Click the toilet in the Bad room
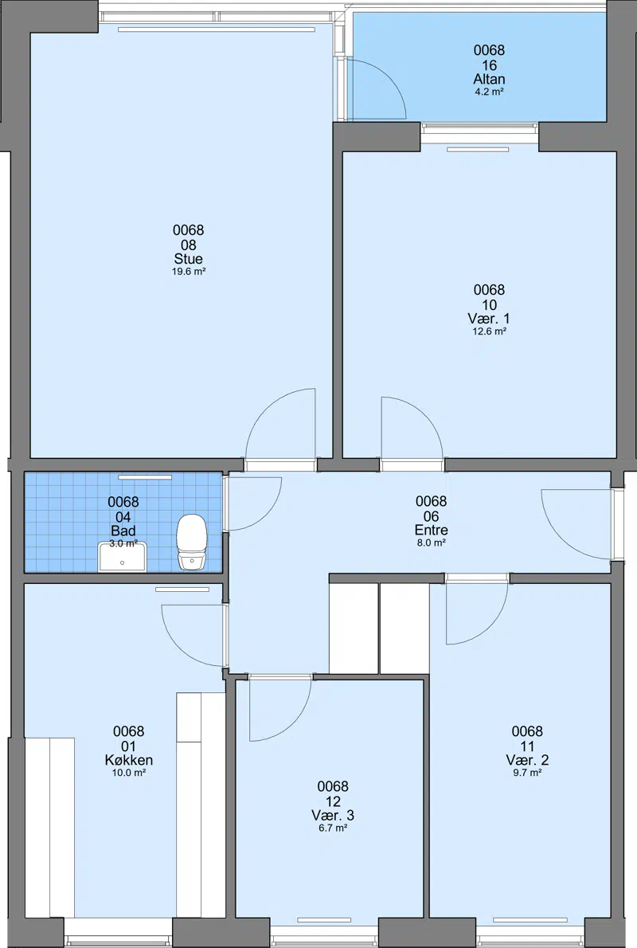pos(192,543)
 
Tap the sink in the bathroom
pos(123,557)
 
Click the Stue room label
pos(189,260)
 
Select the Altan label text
pos(490,79)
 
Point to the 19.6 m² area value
pos(189,272)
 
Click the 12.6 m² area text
pos(489,331)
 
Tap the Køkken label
pos(129,760)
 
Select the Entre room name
pos(432,531)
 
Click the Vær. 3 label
pos(333,815)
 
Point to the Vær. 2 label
pos(527,760)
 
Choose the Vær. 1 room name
pos(489,319)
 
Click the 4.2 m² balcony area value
pos(490,92)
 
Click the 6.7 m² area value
pos(333,829)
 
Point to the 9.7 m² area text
pos(527,773)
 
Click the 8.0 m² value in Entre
pos(432,543)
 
